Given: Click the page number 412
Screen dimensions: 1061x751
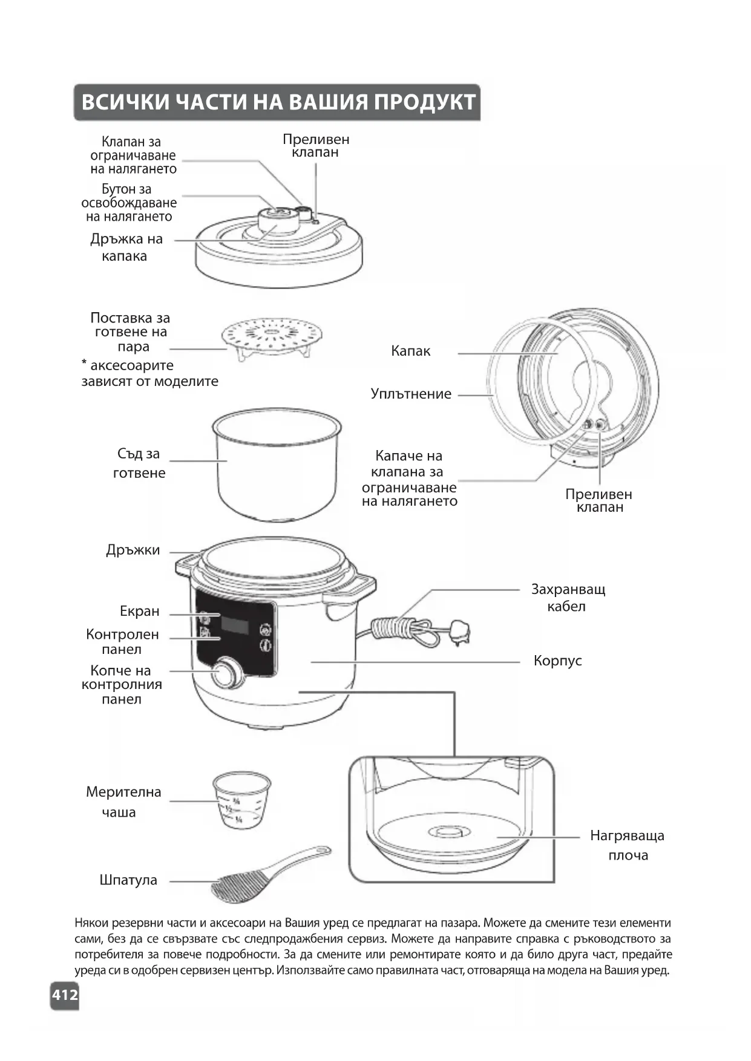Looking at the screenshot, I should coord(65,994).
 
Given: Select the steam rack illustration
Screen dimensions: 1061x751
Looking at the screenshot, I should coord(271,338).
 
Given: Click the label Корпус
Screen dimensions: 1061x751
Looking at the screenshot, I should coord(557,661).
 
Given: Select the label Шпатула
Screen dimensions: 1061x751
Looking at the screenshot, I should coord(128,880).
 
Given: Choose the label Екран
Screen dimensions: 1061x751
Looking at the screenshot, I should coord(140,611).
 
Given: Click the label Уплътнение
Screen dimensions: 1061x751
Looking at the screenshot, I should coord(411,394).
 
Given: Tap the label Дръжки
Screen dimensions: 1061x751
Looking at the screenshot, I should coord(133,550).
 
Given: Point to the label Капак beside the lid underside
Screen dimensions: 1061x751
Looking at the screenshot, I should coord(410,351).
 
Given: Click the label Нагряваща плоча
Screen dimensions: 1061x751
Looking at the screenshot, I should coord(628,845).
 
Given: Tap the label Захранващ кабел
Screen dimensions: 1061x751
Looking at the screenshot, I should coord(568,598).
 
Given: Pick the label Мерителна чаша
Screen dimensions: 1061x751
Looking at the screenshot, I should coord(123,801).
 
